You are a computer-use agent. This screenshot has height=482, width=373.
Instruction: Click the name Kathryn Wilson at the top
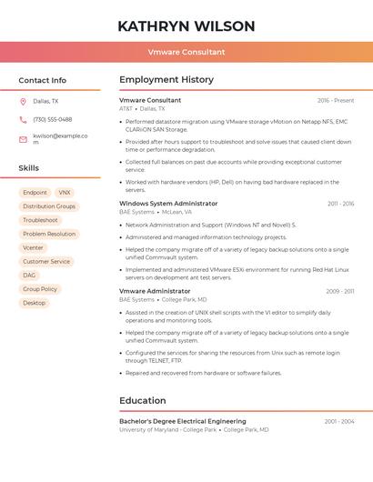pyautogui.click(x=186, y=26)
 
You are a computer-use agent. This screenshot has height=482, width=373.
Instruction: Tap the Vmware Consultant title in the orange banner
pyautogui.click(x=186, y=52)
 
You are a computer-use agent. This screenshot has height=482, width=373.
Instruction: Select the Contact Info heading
pyautogui.click(x=42, y=80)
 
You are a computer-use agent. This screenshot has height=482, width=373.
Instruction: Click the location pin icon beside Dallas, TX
pyautogui.click(x=23, y=102)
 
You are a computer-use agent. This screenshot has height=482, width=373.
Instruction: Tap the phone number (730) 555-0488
pyautogui.click(x=53, y=119)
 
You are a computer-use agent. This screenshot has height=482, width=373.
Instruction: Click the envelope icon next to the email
pyautogui.click(x=23, y=138)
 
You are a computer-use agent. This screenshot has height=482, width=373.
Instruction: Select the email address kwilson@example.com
pyautogui.click(x=60, y=138)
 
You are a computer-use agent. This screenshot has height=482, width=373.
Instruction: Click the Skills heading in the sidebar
pyautogui.click(x=29, y=168)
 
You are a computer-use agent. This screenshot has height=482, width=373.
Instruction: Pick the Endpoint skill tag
pyautogui.click(x=35, y=193)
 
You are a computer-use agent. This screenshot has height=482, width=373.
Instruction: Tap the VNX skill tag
pyautogui.click(x=64, y=193)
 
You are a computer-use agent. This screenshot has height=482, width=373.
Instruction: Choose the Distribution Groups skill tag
pyautogui.click(x=49, y=206)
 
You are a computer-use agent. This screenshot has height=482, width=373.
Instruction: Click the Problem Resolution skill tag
pyautogui.click(x=49, y=234)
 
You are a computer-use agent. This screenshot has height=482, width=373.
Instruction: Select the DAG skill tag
pyautogui.click(x=30, y=275)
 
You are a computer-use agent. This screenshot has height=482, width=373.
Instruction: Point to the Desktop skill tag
pyautogui.click(x=35, y=303)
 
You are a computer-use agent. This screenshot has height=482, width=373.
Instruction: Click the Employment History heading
pyautogui.click(x=166, y=80)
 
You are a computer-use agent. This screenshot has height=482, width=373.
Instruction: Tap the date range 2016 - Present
pyautogui.click(x=336, y=101)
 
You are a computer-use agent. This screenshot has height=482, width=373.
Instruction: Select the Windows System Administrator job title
pyautogui.click(x=168, y=204)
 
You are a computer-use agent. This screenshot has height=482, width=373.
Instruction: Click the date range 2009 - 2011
pyautogui.click(x=340, y=292)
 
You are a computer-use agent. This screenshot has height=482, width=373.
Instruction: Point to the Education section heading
pyautogui.click(x=143, y=400)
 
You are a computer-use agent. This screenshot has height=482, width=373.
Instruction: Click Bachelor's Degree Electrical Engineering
pyautogui.click(x=182, y=421)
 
